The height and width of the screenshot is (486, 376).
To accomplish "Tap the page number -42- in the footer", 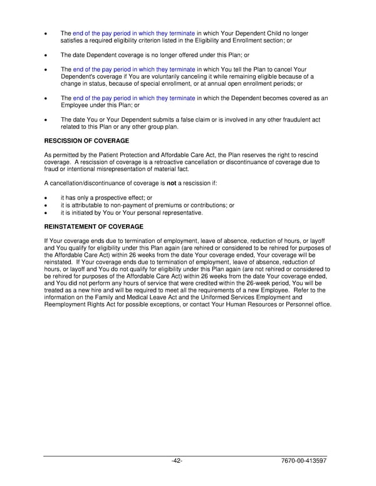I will pos(177,461).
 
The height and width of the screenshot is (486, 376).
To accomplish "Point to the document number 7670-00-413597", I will pos(303,461).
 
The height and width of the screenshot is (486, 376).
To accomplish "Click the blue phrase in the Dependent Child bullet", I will pos(134,33).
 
